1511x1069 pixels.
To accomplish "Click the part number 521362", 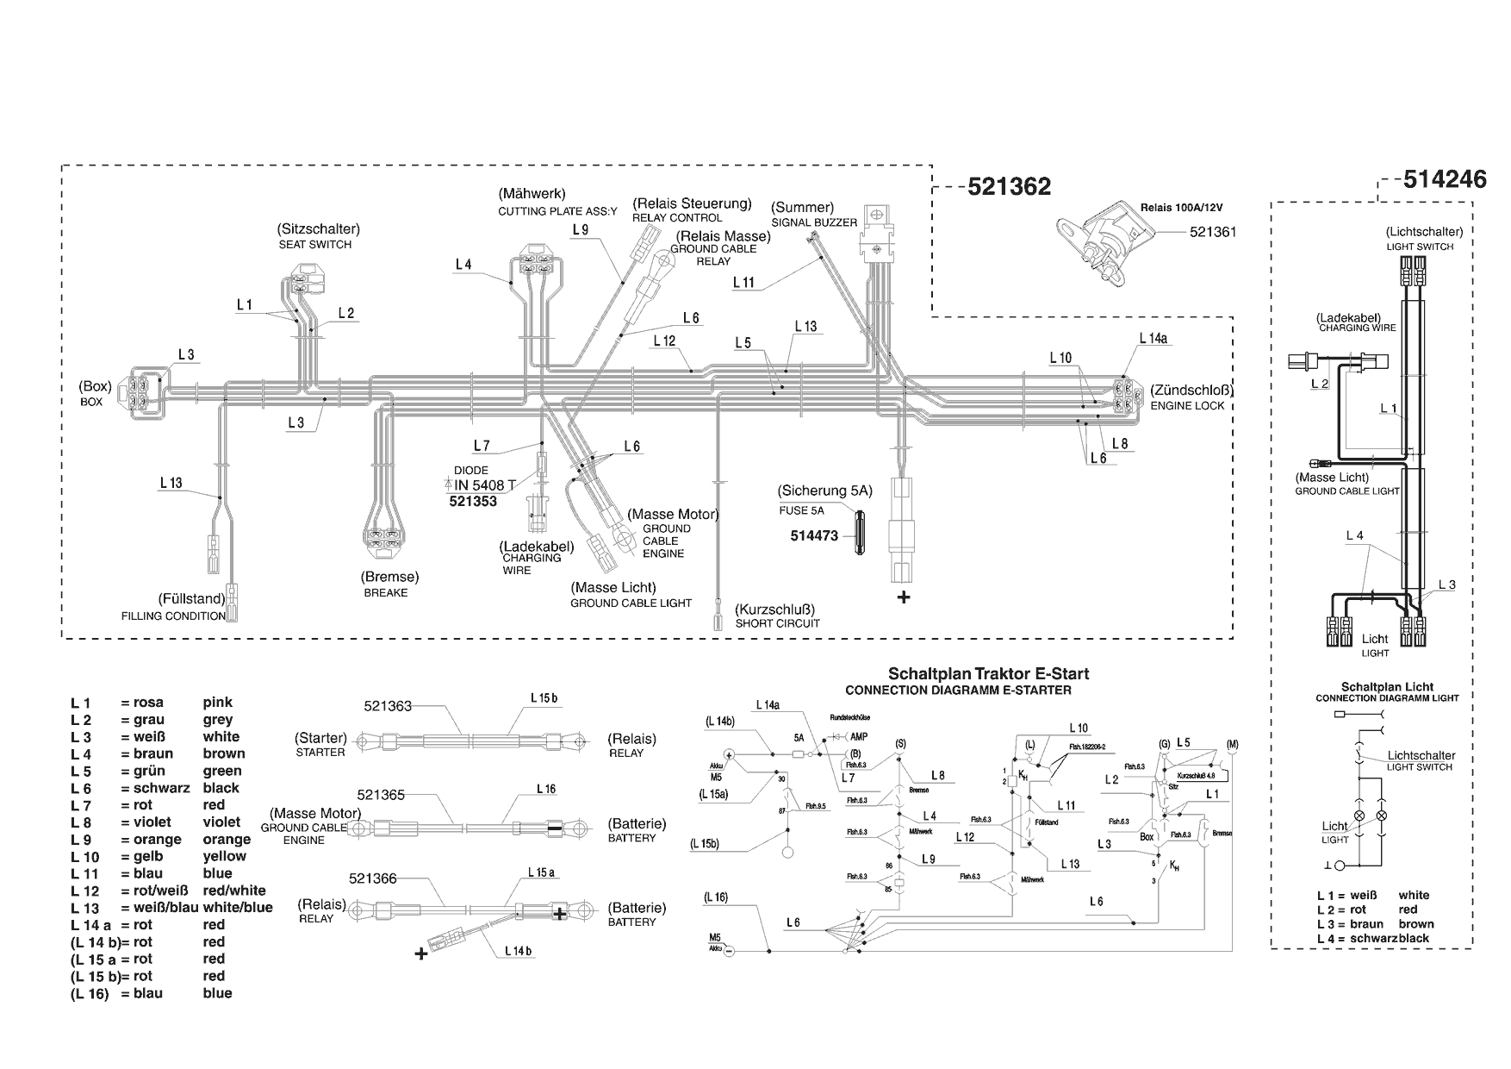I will pyautogui.click(x=1009, y=187).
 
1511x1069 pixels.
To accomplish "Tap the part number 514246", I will pyautogui.click(x=1445, y=179).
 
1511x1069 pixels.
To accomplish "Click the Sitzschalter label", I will pyautogui.click(x=318, y=229).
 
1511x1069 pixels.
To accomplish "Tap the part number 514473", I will pyautogui.click(x=814, y=535).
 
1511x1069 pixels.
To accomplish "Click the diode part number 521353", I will pyautogui.click(x=473, y=501).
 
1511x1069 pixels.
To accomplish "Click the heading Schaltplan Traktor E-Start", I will pyautogui.click(x=988, y=674).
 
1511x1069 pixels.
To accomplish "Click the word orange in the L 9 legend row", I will pyautogui.click(x=227, y=840).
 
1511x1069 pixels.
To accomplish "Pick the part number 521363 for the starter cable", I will pyautogui.click(x=388, y=706).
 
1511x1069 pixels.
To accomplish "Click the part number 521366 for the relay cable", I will pyautogui.click(x=373, y=878).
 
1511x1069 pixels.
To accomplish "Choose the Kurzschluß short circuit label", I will pyautogui.click(x=774, y=610).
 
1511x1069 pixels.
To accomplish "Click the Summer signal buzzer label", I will pyautogui.click(x=802, y=208).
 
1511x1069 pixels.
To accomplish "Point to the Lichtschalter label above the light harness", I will pyautogui.click(x=1424, y=232).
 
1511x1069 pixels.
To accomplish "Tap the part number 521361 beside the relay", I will pyautogui.click(x=1213, y=232).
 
